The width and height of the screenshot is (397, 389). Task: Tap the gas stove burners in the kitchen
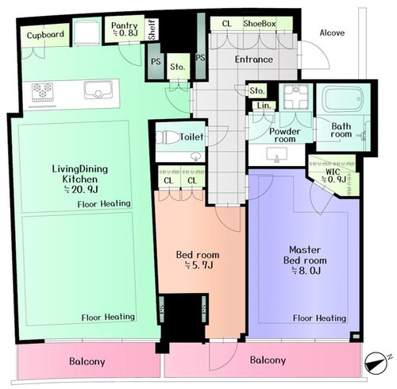point(42,91)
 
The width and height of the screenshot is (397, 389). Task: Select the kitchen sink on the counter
point(98,91)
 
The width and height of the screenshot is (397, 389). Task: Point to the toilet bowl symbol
point(164,137)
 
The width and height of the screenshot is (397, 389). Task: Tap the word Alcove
point(332,33)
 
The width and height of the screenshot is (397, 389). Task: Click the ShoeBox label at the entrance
point(260,24)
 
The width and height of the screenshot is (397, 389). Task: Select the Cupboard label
point(45,35)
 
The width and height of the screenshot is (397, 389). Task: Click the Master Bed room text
point(305,255)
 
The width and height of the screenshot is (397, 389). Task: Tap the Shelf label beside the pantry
point(152,29)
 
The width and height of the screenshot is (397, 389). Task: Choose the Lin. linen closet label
point(264,106)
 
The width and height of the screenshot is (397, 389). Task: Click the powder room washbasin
point(277,154)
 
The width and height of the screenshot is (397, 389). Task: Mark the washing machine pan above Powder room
point(295,97)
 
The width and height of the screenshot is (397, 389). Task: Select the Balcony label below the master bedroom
point(268,360)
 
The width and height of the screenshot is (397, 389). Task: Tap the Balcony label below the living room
point(87,361)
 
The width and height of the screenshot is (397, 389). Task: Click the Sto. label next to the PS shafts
point(177,67)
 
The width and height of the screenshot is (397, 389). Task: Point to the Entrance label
point(254,60)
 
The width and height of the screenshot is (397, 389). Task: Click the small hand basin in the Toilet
point(196,156)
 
